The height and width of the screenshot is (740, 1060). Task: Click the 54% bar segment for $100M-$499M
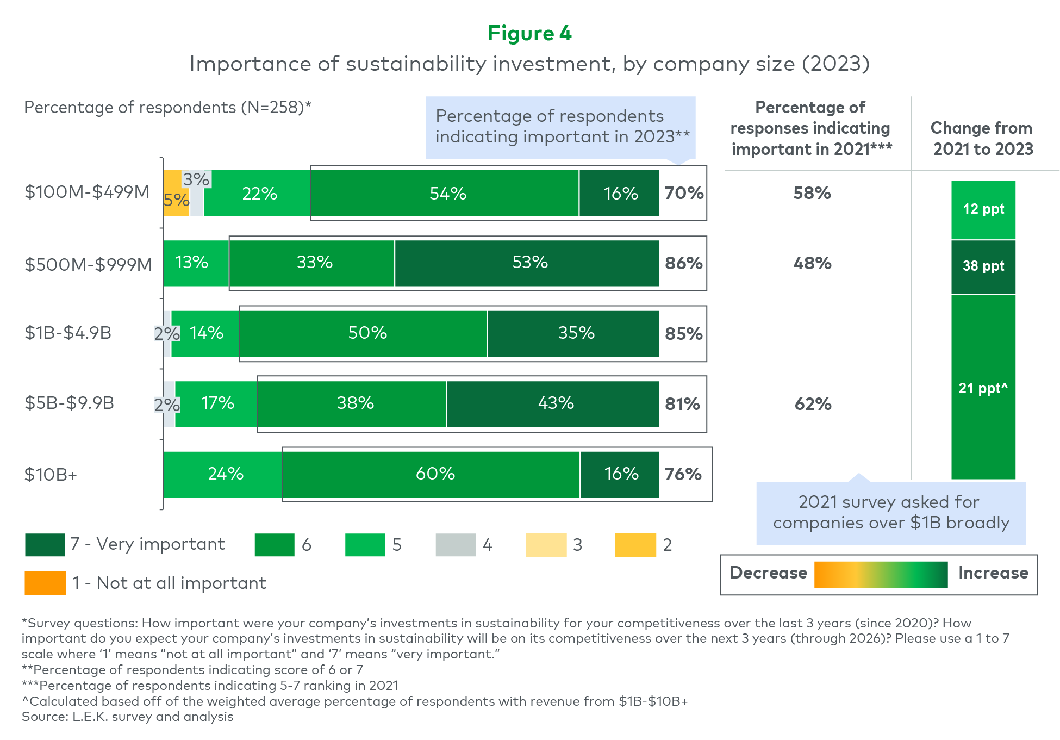445,193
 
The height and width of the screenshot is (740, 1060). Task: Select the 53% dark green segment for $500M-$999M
527,263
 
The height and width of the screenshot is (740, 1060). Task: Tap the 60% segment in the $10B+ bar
431,474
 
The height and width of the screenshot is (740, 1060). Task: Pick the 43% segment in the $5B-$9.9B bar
553,404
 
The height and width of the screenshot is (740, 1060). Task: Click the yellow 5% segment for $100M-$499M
177,193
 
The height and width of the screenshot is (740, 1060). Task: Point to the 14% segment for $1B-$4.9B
205,333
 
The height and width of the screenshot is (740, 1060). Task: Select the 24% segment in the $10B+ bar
223,474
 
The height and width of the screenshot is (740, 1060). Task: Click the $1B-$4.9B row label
68,333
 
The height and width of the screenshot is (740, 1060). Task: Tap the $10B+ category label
51,475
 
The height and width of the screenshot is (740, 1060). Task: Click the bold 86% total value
684,263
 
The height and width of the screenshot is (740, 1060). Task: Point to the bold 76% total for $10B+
683,474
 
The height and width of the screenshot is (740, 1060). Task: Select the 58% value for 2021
812,193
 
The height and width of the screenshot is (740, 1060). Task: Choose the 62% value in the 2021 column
813,404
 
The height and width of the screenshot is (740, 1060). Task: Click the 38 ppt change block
983,267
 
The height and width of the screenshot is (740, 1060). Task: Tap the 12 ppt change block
983,210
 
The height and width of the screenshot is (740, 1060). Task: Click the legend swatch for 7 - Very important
45,545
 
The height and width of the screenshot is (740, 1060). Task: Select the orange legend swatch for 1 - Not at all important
45,583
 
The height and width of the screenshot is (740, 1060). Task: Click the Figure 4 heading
529,33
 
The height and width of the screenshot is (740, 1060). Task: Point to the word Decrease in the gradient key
768,573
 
